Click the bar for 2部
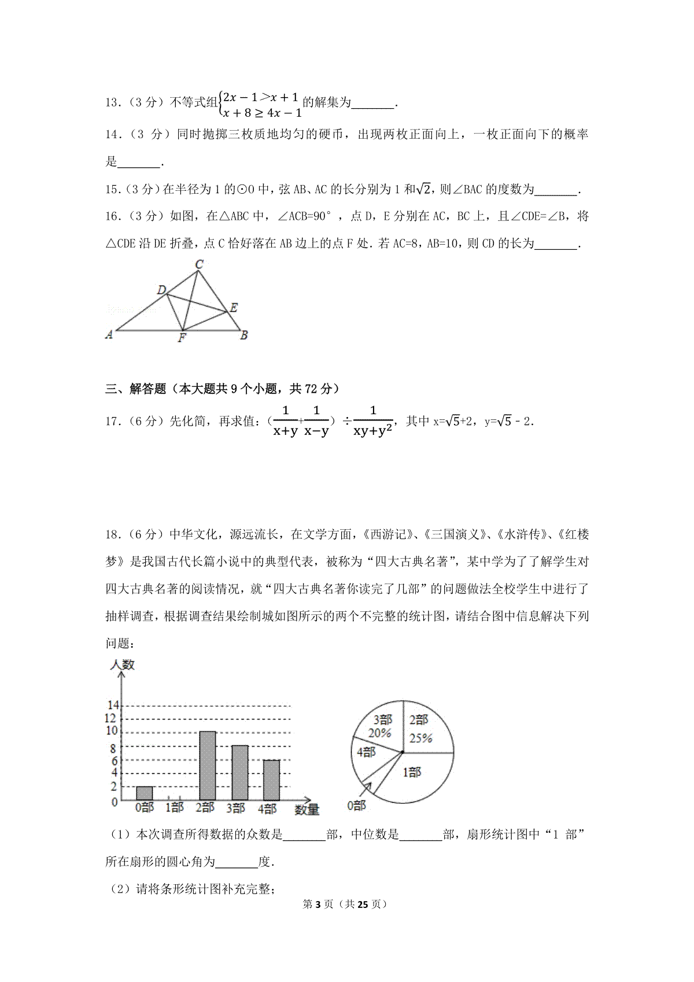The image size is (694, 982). [x=208, y=766]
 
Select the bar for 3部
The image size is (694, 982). [x=240, y=773]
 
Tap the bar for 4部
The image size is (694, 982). [x=271, y=780]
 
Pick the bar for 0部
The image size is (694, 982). [x=145, y=793]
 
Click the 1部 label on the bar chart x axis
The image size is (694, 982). [x=175, y=807]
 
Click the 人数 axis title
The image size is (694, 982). [x=122, y=665]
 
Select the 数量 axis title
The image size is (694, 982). [x=307, y=810]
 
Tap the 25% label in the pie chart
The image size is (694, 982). [x=421, y=738]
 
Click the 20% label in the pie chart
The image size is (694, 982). [x=379, y=733]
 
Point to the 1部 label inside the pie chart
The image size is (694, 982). [x=412, y=771]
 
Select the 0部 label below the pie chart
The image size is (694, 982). [x=356, y=805]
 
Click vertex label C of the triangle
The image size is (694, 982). [x=199, y=264]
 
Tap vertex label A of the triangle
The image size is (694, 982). [x=109, y=334]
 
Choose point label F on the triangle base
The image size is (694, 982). [x=182, y=338]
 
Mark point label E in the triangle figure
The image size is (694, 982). [x=234, y=308]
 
